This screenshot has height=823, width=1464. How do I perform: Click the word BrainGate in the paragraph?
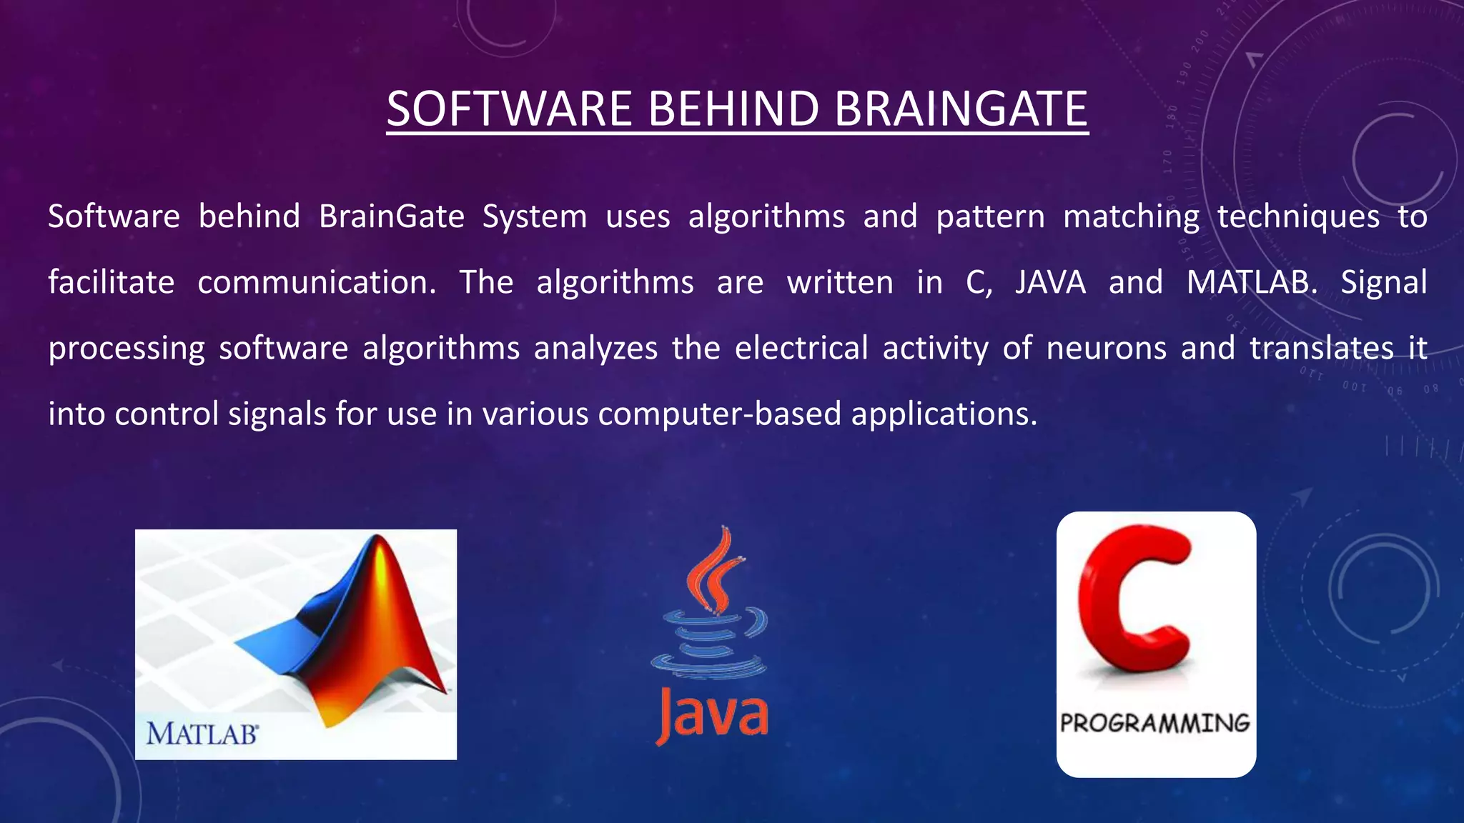[x=391, y=216]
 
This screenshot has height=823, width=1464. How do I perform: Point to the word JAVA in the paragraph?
[x=1050, y=282]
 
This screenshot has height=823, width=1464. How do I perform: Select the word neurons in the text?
[x=1106, y=348]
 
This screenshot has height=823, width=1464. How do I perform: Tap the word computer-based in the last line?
[x=719, y=414]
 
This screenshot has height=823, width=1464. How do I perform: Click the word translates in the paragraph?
[x=1322, y=348]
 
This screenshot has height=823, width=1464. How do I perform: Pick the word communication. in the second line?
[x=317, y=282]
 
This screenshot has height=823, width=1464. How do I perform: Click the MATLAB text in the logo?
[x=202, y=734]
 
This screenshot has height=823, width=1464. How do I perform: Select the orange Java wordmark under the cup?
[x=712, y=714]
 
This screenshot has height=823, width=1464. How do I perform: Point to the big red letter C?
[x=1133, y=600]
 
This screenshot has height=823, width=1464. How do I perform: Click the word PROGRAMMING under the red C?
[x=1154, y=723]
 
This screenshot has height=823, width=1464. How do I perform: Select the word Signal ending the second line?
[x=1383, y=282]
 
